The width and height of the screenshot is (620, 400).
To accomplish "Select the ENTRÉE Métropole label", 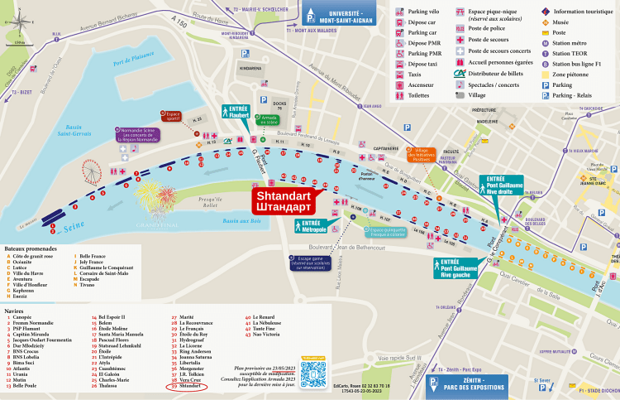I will click(312, 225).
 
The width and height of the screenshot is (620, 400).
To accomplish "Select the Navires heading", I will click(14, 310).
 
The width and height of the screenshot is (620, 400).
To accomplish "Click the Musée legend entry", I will click(561, 22).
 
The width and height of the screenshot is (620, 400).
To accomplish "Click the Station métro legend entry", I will click(567, 43).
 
